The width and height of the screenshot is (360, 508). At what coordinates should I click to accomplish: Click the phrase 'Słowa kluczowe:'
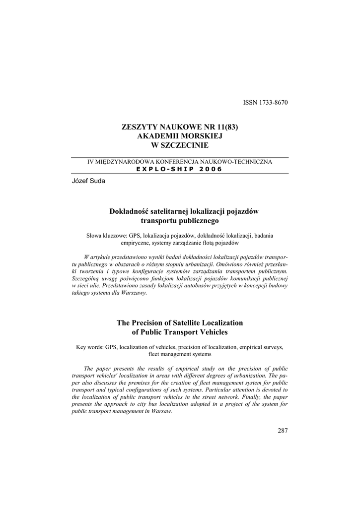click(107, 236)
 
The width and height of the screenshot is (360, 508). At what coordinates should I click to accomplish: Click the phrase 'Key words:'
click(90, 347)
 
